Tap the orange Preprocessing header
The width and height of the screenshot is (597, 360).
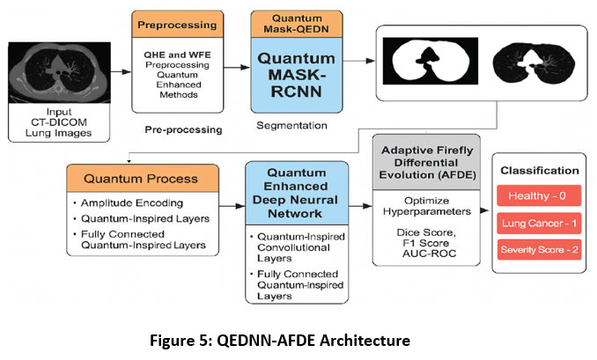coord(181,25)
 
